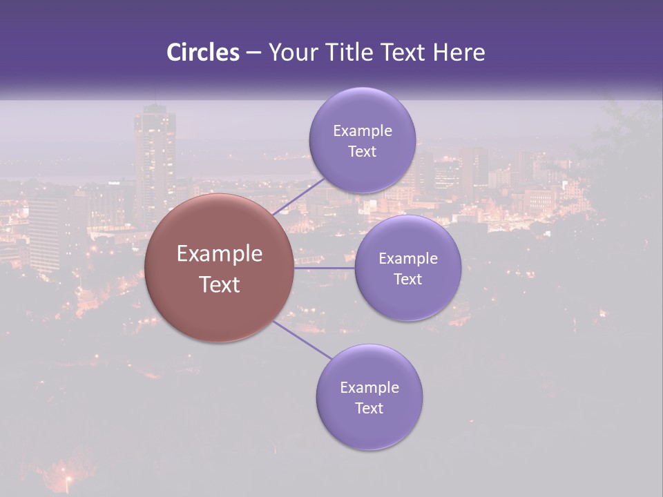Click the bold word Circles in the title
[x=203, y=52]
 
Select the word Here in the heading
[x=459, y=52]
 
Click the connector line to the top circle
[x=298, y=197]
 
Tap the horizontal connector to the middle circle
[x=325, y=268]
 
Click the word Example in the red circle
[x=220, y=254]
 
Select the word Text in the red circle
[x=220, y=284]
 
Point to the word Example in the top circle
[x=363, y=131]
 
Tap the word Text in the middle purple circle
[x=408, y=280]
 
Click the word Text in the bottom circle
[x=369, y=409]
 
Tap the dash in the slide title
[x=253, y=53]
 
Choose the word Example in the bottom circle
[x=369, y=388]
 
